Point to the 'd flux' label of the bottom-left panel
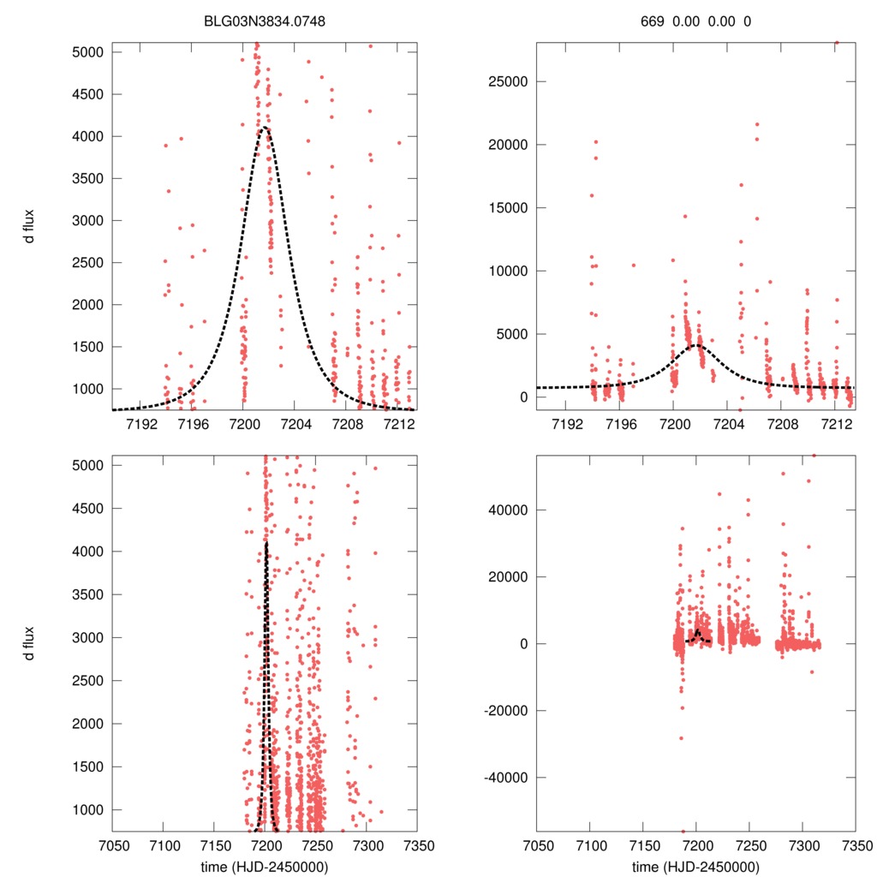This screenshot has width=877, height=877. (29, 643)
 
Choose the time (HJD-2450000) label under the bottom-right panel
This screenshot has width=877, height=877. (695, 866)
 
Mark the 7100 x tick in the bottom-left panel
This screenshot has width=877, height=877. (163, 844)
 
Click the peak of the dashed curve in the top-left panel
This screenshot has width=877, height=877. (265, 128)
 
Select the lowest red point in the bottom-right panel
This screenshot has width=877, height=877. (683, 831)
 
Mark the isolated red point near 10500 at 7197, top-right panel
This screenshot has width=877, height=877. (634, 265)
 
